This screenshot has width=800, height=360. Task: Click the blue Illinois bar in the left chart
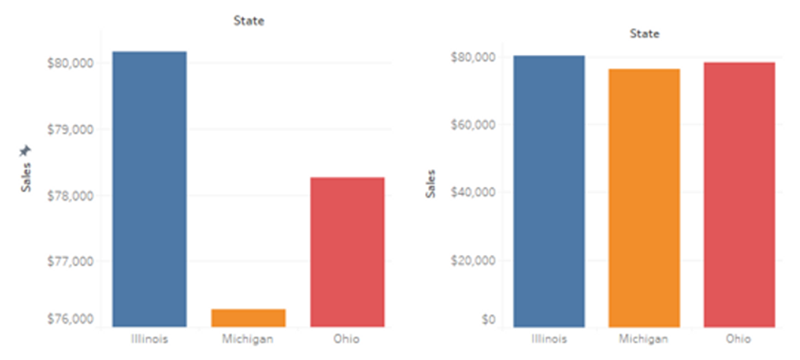(149, 189)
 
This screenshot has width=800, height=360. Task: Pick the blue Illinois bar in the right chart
(548, 191)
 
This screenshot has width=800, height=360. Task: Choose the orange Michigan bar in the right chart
(644, 198)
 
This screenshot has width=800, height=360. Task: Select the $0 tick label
(488, 319)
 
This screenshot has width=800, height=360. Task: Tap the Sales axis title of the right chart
(430, 184)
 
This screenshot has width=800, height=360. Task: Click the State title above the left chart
(249, 21)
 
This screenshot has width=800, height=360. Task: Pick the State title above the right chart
(644, 34)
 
